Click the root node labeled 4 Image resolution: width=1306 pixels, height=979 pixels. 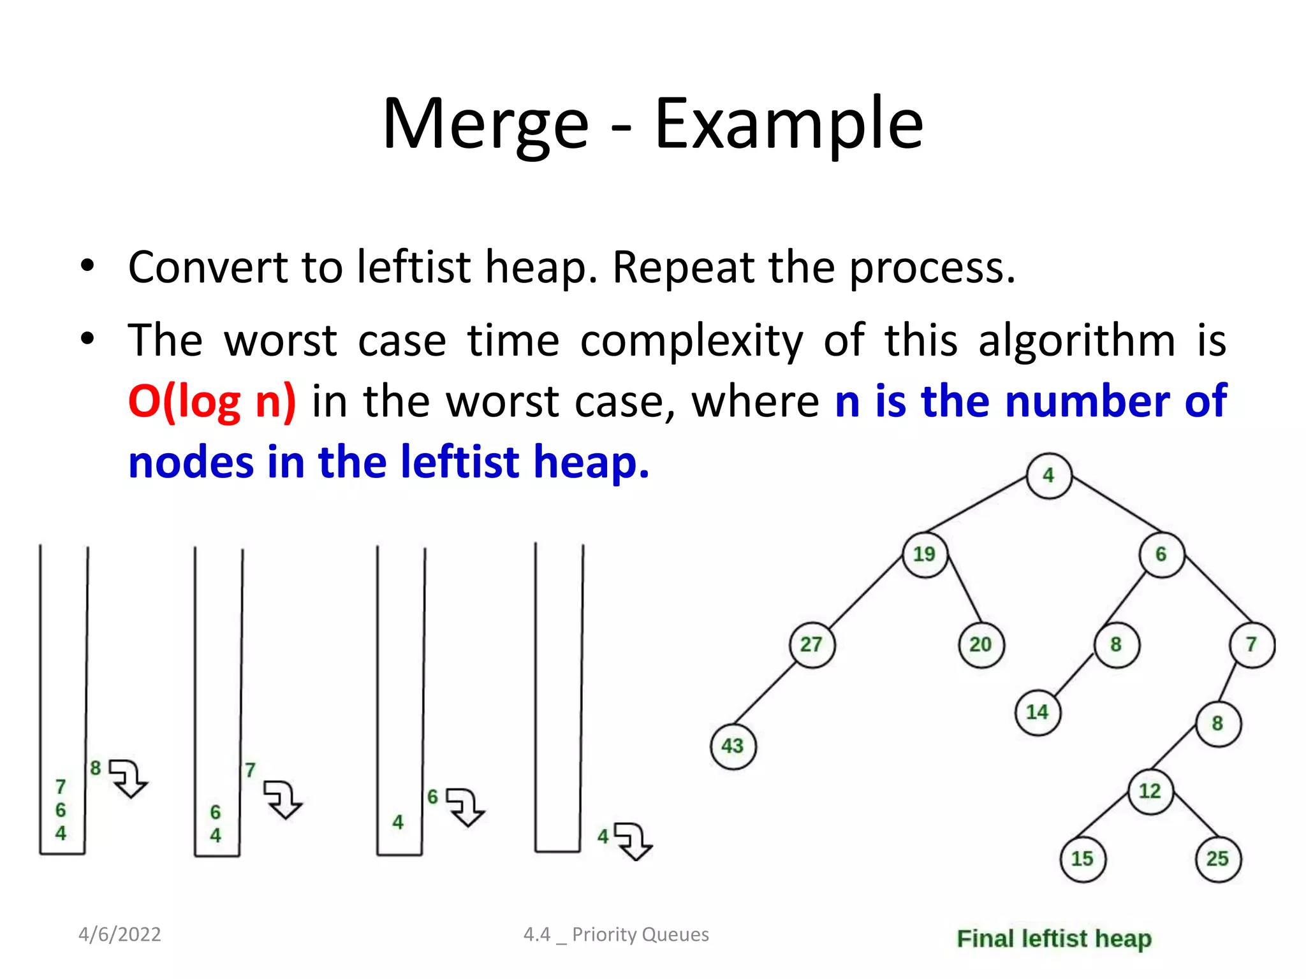click(1049, 475)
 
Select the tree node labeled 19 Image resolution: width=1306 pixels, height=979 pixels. click(925, 555)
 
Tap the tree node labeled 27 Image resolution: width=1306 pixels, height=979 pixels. click(812, 644)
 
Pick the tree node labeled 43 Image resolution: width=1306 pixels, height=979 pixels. click(733, 746)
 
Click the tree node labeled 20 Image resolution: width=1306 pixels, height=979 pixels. click(981, 644)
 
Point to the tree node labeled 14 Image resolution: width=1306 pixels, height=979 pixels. click(1038, 713)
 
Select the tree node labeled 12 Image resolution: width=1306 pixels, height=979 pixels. click(1150, 791)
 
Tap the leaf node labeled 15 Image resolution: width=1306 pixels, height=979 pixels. click(1083, 859)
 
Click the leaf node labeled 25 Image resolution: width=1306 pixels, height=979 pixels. click(1218, 859)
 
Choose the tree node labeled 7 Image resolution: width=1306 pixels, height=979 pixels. click(1252, 644)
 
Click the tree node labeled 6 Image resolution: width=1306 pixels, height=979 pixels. click(1161, 555)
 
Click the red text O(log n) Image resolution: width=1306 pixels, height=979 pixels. click(212, 402)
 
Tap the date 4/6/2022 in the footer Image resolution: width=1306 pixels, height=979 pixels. click(119, 934)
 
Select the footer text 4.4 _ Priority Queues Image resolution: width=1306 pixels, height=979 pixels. click(616, 934)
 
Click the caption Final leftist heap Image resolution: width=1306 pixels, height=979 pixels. click(1054, 938)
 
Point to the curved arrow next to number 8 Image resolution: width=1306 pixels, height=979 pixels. click(129, 778)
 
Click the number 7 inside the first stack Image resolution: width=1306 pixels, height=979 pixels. click(61, 787)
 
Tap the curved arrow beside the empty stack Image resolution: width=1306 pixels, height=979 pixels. click(633, 841)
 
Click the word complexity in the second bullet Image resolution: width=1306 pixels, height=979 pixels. click(691, 340)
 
